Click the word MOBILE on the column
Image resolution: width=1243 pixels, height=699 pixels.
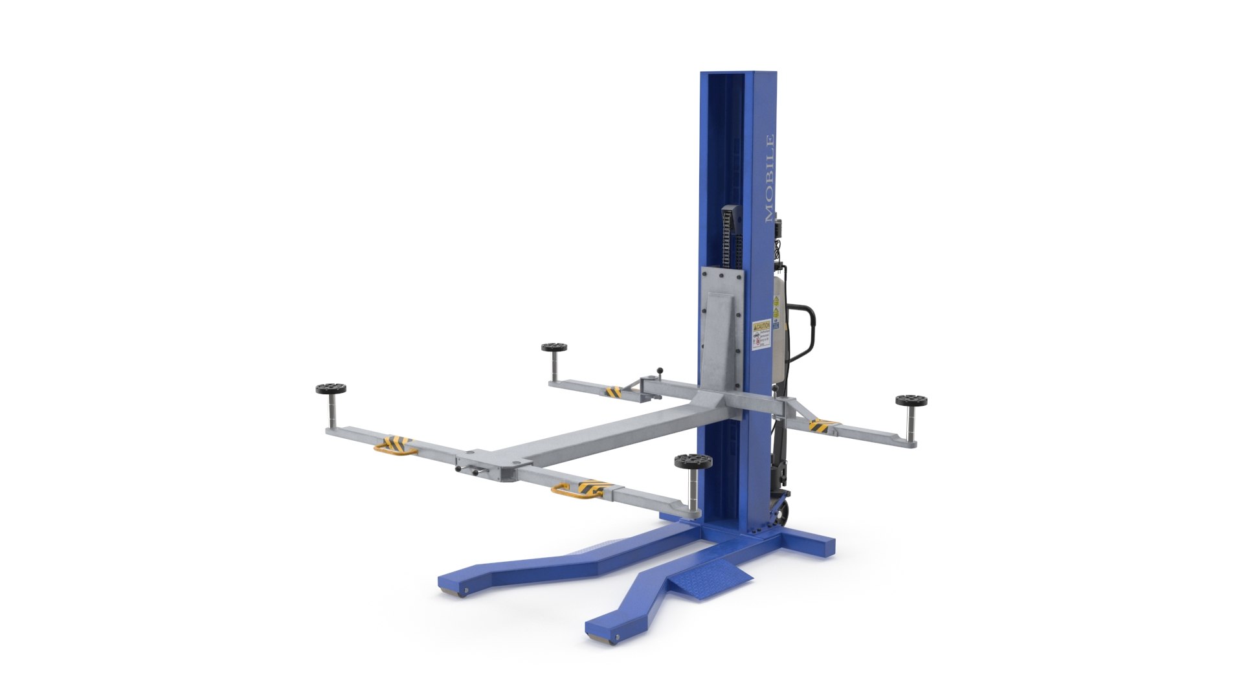769,179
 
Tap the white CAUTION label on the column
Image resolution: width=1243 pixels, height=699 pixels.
761,335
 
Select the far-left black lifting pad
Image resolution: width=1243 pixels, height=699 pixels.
330,389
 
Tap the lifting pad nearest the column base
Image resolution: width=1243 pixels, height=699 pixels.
693,462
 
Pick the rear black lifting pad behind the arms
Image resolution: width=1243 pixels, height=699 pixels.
554,348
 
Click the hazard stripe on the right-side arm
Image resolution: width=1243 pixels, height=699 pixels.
822,425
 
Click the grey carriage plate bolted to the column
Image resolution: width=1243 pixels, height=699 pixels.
722,324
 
